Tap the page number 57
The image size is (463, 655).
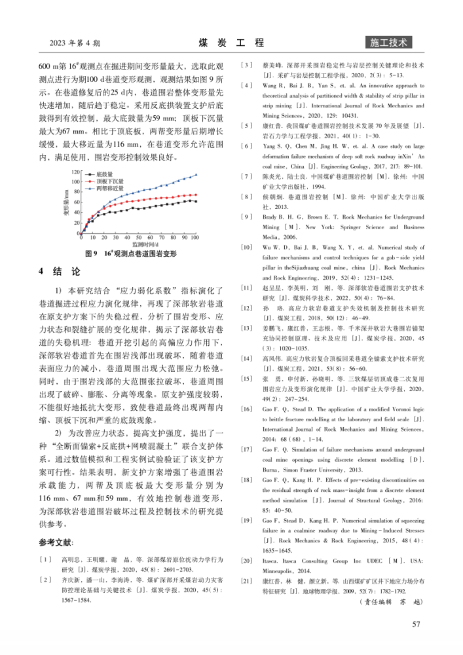[x=415, y=624]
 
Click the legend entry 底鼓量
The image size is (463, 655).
[x=105, y=174]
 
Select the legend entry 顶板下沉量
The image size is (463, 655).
[x=109, y=180]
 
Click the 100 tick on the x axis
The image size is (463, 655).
[x=194, y=238]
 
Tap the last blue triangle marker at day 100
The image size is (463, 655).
[x=196, y=174]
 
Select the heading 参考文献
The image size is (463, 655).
[x=58, y=543]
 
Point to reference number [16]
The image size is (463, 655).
[x=246, y=409]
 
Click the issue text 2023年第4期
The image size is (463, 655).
[x=75, y=44]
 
